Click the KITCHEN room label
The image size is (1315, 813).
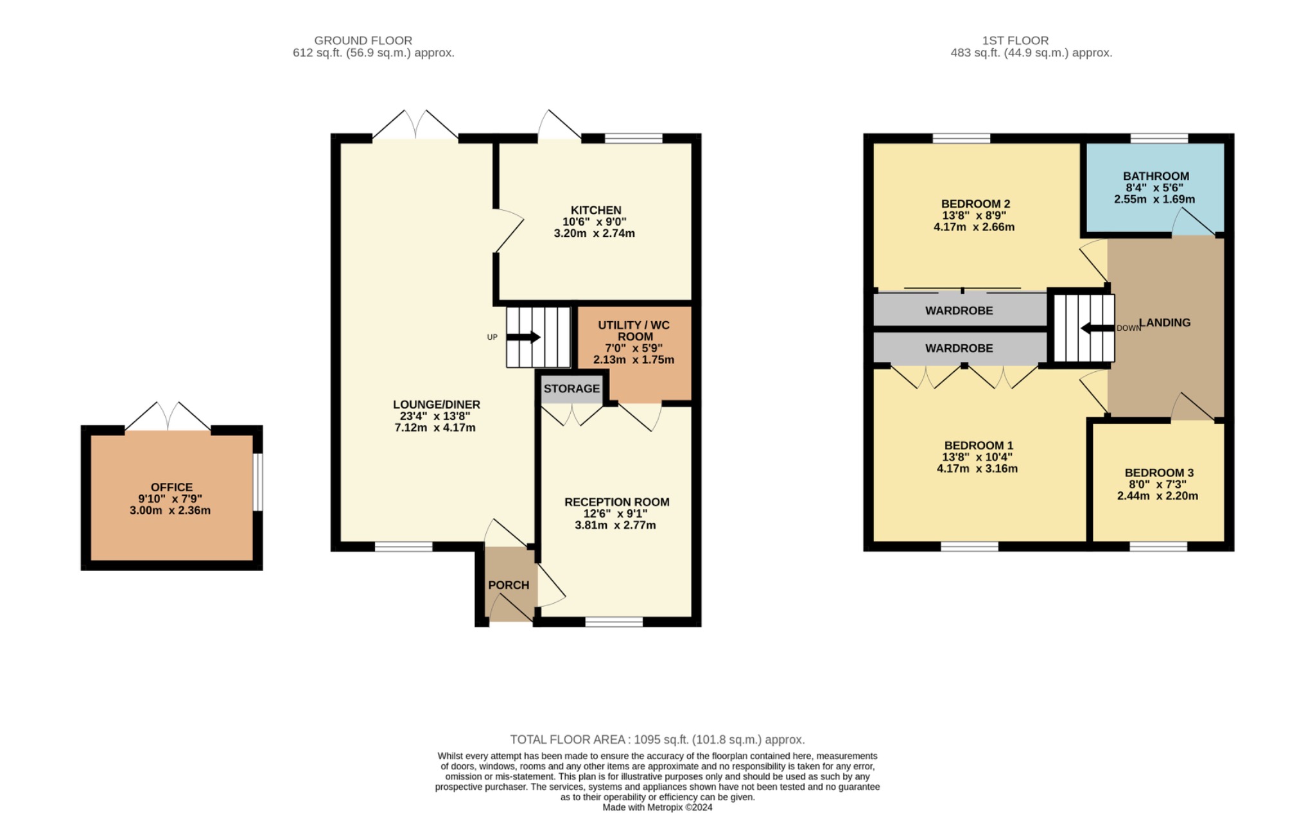595,210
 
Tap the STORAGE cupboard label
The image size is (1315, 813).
571,389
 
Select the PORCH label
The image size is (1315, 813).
508,585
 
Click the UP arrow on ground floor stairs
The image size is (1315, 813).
523,337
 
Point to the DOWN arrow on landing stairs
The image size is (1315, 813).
1097,328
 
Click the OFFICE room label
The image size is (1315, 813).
171,487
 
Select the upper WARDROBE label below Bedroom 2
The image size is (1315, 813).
959,311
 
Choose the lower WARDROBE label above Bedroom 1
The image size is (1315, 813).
959,348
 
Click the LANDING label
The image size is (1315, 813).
1165,322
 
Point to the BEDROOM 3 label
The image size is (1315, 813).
1158,473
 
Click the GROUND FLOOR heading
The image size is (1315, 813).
363,40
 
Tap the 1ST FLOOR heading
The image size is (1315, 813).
1015,40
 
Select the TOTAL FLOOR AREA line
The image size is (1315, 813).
657,740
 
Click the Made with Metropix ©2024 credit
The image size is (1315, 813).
657,807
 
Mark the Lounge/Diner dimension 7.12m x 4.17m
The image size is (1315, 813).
435,428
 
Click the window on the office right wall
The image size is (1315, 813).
257,482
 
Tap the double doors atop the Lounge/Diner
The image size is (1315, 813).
415,125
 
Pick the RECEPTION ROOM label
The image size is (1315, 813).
616,502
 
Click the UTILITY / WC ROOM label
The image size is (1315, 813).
634,331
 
